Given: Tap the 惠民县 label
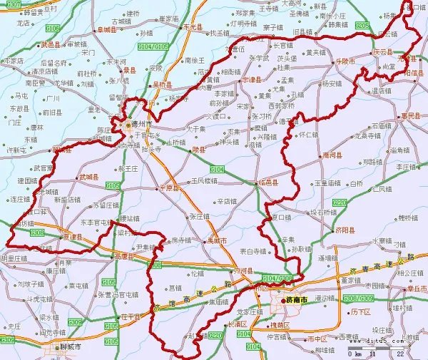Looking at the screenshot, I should pos(411,115).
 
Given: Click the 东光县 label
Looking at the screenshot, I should pos(194,27).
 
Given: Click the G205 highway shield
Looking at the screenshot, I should pos(362,25).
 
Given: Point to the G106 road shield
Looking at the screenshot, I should pos(53,29).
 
